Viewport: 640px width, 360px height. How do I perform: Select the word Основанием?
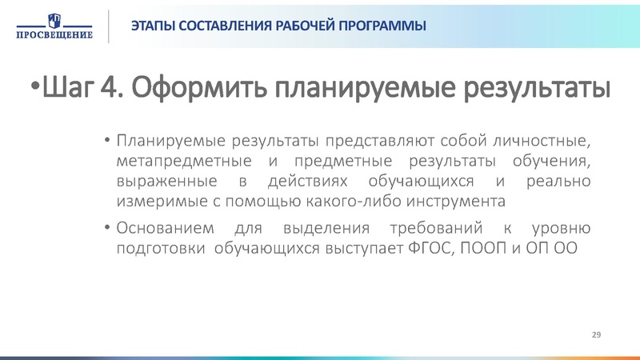(164, 228)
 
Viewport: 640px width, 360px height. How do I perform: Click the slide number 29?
(595, 333)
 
